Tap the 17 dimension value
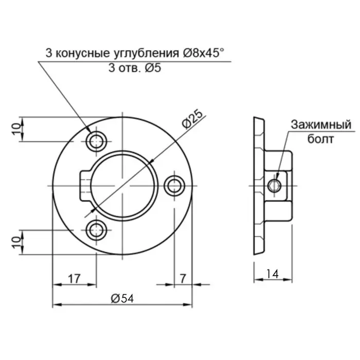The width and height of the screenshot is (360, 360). pos(74,278)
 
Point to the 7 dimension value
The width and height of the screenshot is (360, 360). pos(183,278)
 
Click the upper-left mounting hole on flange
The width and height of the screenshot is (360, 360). pos(96,140)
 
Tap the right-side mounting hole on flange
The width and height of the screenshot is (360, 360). pos(175,185)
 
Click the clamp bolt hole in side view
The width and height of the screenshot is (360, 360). pos(276,185)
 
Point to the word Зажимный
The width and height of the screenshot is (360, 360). pos(320,125)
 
